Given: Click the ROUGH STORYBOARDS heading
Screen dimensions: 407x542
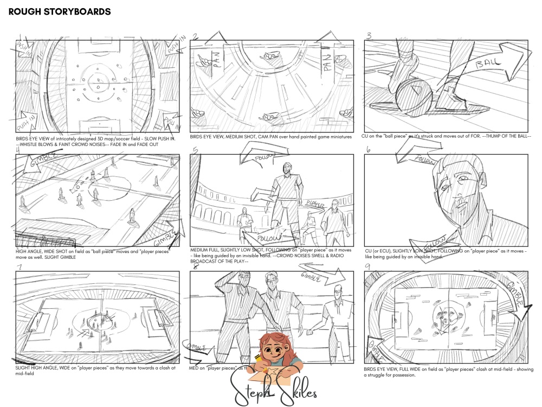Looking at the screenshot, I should pos(60,11).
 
